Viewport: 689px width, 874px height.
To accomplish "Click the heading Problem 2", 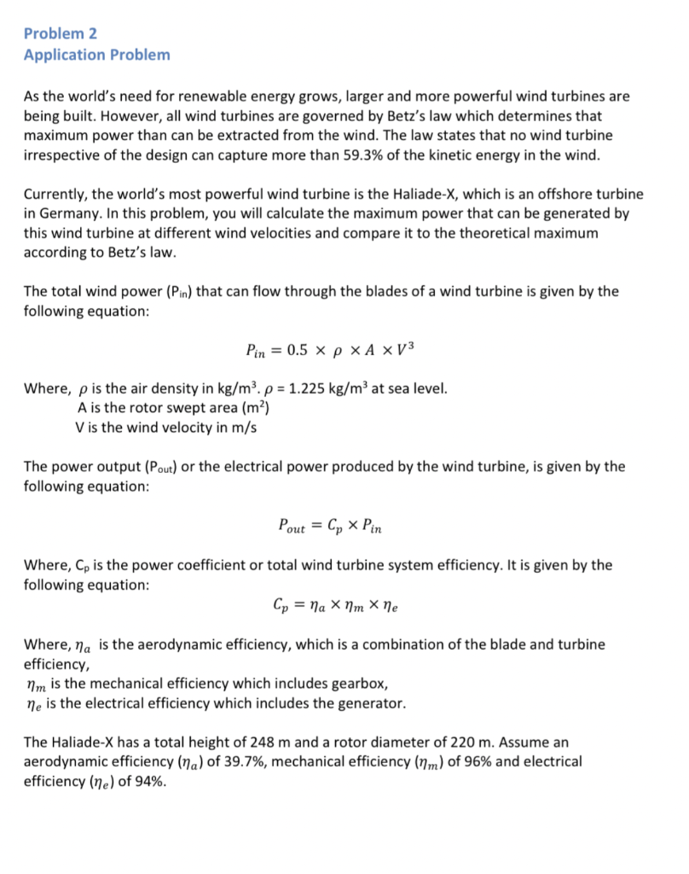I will pos(61,33).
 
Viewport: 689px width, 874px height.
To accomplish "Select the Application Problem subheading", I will pos(97,55).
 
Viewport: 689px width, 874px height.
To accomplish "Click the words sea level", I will pos(416,389).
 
